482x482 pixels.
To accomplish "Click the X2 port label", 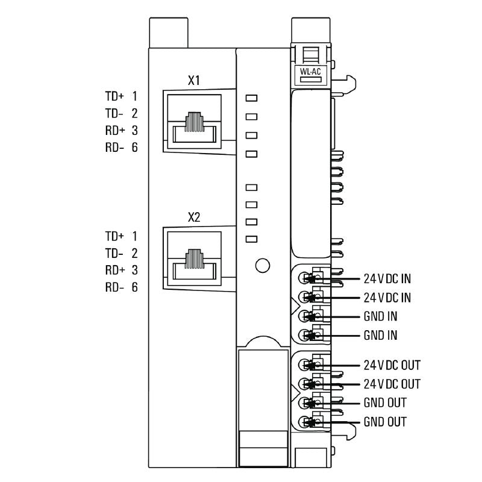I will coord(194,218).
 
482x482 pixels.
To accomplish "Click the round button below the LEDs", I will coord(262,265).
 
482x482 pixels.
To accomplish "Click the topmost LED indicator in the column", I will coord(252,97).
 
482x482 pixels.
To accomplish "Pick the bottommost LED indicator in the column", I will coord(252,239).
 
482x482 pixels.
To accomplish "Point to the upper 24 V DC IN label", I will coord(387,279).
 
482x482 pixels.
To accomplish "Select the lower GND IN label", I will coord(380,336).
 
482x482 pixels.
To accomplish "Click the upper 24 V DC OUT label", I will coord(392,365).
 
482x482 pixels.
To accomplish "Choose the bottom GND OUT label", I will coord(385,422).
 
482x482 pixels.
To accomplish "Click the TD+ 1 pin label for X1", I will coord(122,96).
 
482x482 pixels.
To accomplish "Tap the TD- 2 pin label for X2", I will coord(122,253).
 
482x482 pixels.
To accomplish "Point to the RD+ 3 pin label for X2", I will coord(122,270).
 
